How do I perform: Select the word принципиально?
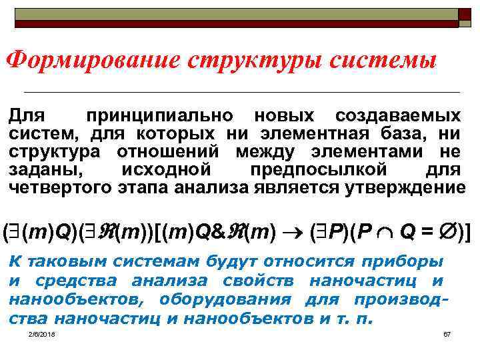pos(158,115)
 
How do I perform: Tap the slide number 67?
pos(447,333)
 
